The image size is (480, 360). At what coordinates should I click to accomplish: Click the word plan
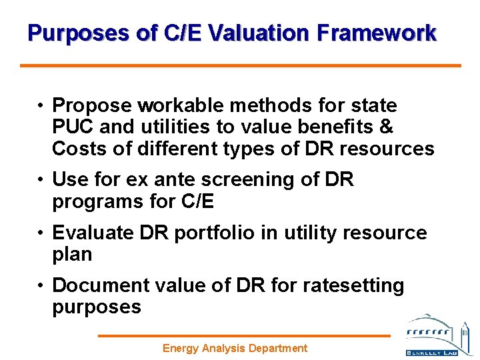[72, 254]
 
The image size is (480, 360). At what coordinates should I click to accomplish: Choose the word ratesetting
[353, 285]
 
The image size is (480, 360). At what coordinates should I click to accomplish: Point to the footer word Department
[277, 348]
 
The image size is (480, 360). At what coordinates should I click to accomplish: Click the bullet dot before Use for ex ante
[41, 180]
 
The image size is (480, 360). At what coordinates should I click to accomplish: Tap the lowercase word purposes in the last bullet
[97, 307]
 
